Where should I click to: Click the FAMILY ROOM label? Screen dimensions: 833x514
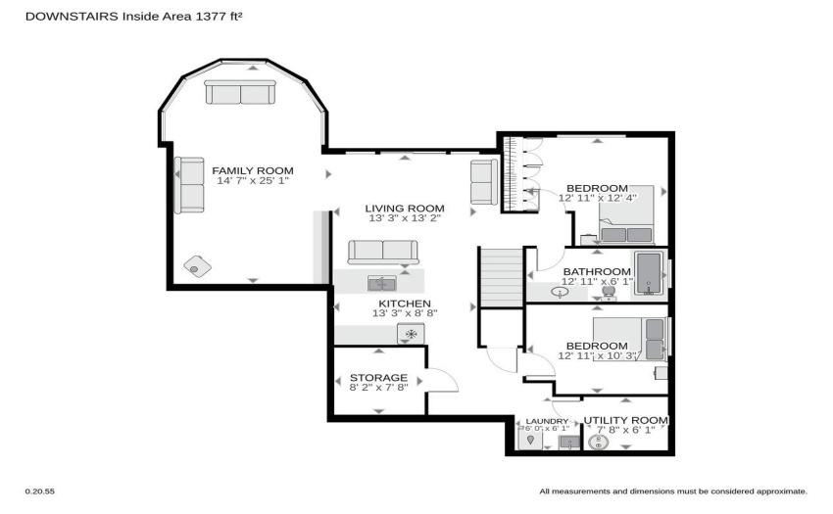tap(252, 171)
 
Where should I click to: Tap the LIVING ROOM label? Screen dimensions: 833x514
tap(405, 209)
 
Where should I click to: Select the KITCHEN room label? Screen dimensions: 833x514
tap(405, 304)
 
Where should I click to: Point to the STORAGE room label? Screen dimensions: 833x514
tap(379, 378)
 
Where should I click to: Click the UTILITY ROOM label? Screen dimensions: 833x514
tap(626, 421)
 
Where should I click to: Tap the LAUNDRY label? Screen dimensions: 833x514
tap(547, 422)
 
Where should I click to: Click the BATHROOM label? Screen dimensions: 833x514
tap(597, 272)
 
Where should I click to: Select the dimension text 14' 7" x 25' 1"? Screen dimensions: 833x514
tap(252, 181)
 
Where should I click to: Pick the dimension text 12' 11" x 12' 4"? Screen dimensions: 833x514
tap(597, 198)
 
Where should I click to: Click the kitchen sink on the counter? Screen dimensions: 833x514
tap(382, 284)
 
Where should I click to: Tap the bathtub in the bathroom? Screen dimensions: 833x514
tap(649, 273)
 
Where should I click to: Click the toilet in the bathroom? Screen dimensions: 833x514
tap(609, 293)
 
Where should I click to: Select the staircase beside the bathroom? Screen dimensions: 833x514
tap(502, 278)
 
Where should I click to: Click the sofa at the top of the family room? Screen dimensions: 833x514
tap(240, 92)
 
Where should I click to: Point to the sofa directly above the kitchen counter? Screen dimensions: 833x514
tap(383, 252)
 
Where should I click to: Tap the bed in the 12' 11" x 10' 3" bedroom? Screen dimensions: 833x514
tap(629, 339)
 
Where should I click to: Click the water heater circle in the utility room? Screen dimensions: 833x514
tap(598, 442)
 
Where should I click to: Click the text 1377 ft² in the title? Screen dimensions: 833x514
tap(219, 17)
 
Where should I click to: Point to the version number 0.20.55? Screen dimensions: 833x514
tap(40, 491)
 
